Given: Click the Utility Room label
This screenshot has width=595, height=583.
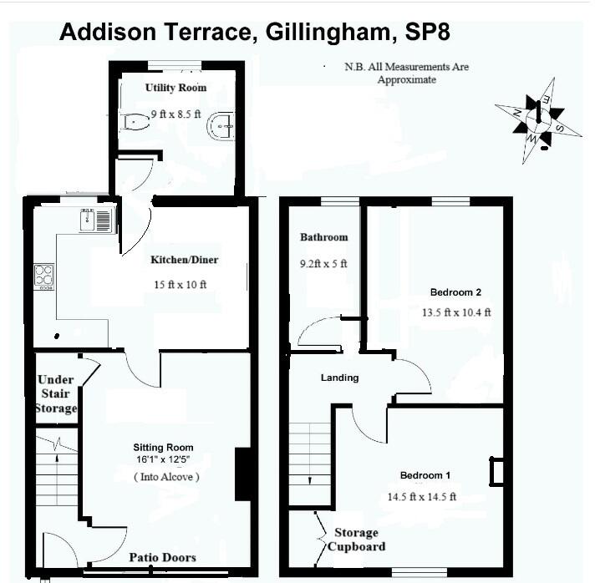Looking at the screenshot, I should click(x=175, y=88).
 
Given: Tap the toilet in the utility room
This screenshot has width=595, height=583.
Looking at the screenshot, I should click(x=134, y=122).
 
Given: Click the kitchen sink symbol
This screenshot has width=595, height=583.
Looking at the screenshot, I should click(x=96, y=221).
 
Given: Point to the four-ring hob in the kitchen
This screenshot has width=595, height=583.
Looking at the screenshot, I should click(x=43, y=276).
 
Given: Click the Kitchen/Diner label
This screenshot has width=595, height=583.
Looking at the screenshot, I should click(x=184, y=260).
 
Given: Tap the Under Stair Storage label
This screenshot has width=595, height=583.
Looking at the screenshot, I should click(x=56, y=394).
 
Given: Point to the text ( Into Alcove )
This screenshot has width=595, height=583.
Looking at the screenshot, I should click(x=166, y=476).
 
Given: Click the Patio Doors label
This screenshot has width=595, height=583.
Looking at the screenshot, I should click(x=162, y=557).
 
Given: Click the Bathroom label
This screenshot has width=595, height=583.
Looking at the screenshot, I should click(x=323, y=237).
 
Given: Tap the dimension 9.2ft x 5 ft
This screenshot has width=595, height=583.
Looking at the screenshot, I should click(x=323, y=264).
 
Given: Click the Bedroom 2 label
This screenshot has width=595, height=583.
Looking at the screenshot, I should click(x=455, y=292).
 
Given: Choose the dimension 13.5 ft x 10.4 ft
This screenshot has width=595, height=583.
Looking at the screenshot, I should click(x=456, y=313).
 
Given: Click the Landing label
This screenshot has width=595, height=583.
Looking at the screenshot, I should click(x=339, y=378).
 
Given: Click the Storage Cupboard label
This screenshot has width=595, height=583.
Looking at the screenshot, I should click(x=356, y=540).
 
